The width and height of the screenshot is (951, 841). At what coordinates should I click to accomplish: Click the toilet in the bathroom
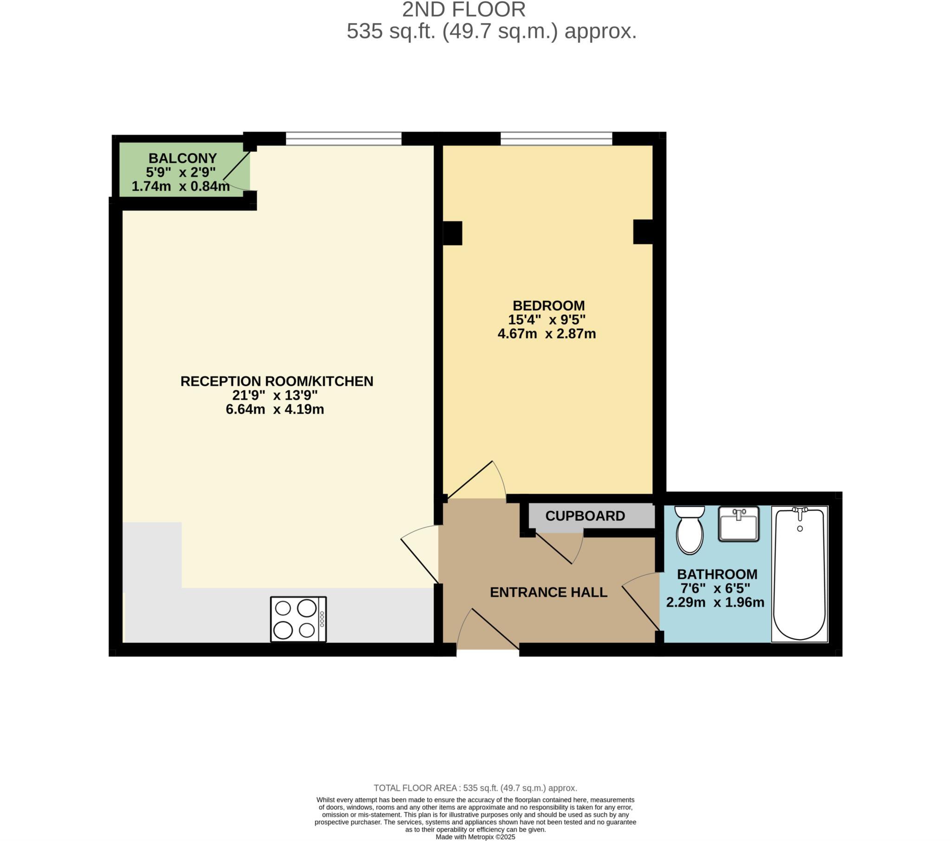(x=690, y=531)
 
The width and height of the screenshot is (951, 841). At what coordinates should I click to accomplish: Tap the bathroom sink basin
(x=738, y=524)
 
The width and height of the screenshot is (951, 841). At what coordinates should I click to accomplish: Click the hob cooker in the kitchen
(x=298, y=620)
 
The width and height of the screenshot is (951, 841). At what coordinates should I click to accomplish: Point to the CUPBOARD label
(x=585, y=516)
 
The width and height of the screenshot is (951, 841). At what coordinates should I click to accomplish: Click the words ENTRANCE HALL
(x=548, y=592)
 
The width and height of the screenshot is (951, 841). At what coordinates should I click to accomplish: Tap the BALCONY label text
(x=182, y=158)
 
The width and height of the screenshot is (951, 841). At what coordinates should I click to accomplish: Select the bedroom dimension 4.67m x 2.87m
(x=547, y=334)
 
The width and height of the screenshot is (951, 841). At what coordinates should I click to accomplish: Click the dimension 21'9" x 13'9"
(x=275, y=395)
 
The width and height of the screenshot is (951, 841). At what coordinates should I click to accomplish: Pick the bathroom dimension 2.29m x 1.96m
(x=715, y=602)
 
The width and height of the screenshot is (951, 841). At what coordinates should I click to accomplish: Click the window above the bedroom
(x=556, y=138)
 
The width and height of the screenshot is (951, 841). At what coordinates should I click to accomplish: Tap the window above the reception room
(x=343, y=138)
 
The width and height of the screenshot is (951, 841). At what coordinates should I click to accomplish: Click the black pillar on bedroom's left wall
(x=452, y=233)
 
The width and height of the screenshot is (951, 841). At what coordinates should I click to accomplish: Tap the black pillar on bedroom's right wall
(x=643, y=232)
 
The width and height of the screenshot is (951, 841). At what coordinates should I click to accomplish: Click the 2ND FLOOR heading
(x=463, y=10)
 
